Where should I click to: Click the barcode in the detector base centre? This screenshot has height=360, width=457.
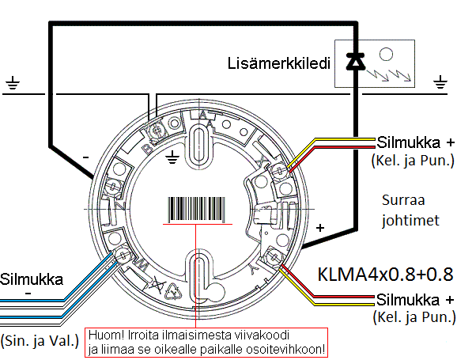(196, 209)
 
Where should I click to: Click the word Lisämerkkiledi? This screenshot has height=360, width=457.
(278, 63)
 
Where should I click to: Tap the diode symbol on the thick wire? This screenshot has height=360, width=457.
(356, 61)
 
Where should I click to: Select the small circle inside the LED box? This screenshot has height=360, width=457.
(386, 55)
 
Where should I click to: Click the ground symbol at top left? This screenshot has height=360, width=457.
(13, 82)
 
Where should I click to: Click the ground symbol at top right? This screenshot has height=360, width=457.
(440, 81)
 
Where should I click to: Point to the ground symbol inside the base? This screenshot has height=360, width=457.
(172, 157)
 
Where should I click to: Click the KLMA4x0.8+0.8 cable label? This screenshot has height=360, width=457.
(385, 275)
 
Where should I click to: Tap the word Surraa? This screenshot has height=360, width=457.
(403, 200)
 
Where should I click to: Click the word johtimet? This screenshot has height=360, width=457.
(410, 220)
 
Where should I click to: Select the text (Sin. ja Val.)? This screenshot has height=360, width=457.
(40, 340)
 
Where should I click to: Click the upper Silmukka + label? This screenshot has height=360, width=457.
(415, 142)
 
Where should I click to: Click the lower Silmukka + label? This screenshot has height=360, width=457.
(415, 300)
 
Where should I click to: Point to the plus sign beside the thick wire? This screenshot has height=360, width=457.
(320, 228)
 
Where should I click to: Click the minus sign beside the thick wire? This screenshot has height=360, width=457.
(85, 157)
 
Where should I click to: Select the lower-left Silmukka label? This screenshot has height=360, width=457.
(32, 279)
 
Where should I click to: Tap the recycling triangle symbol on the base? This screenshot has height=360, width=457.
(174, 291)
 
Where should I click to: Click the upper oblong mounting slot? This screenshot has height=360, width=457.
(199, 145)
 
